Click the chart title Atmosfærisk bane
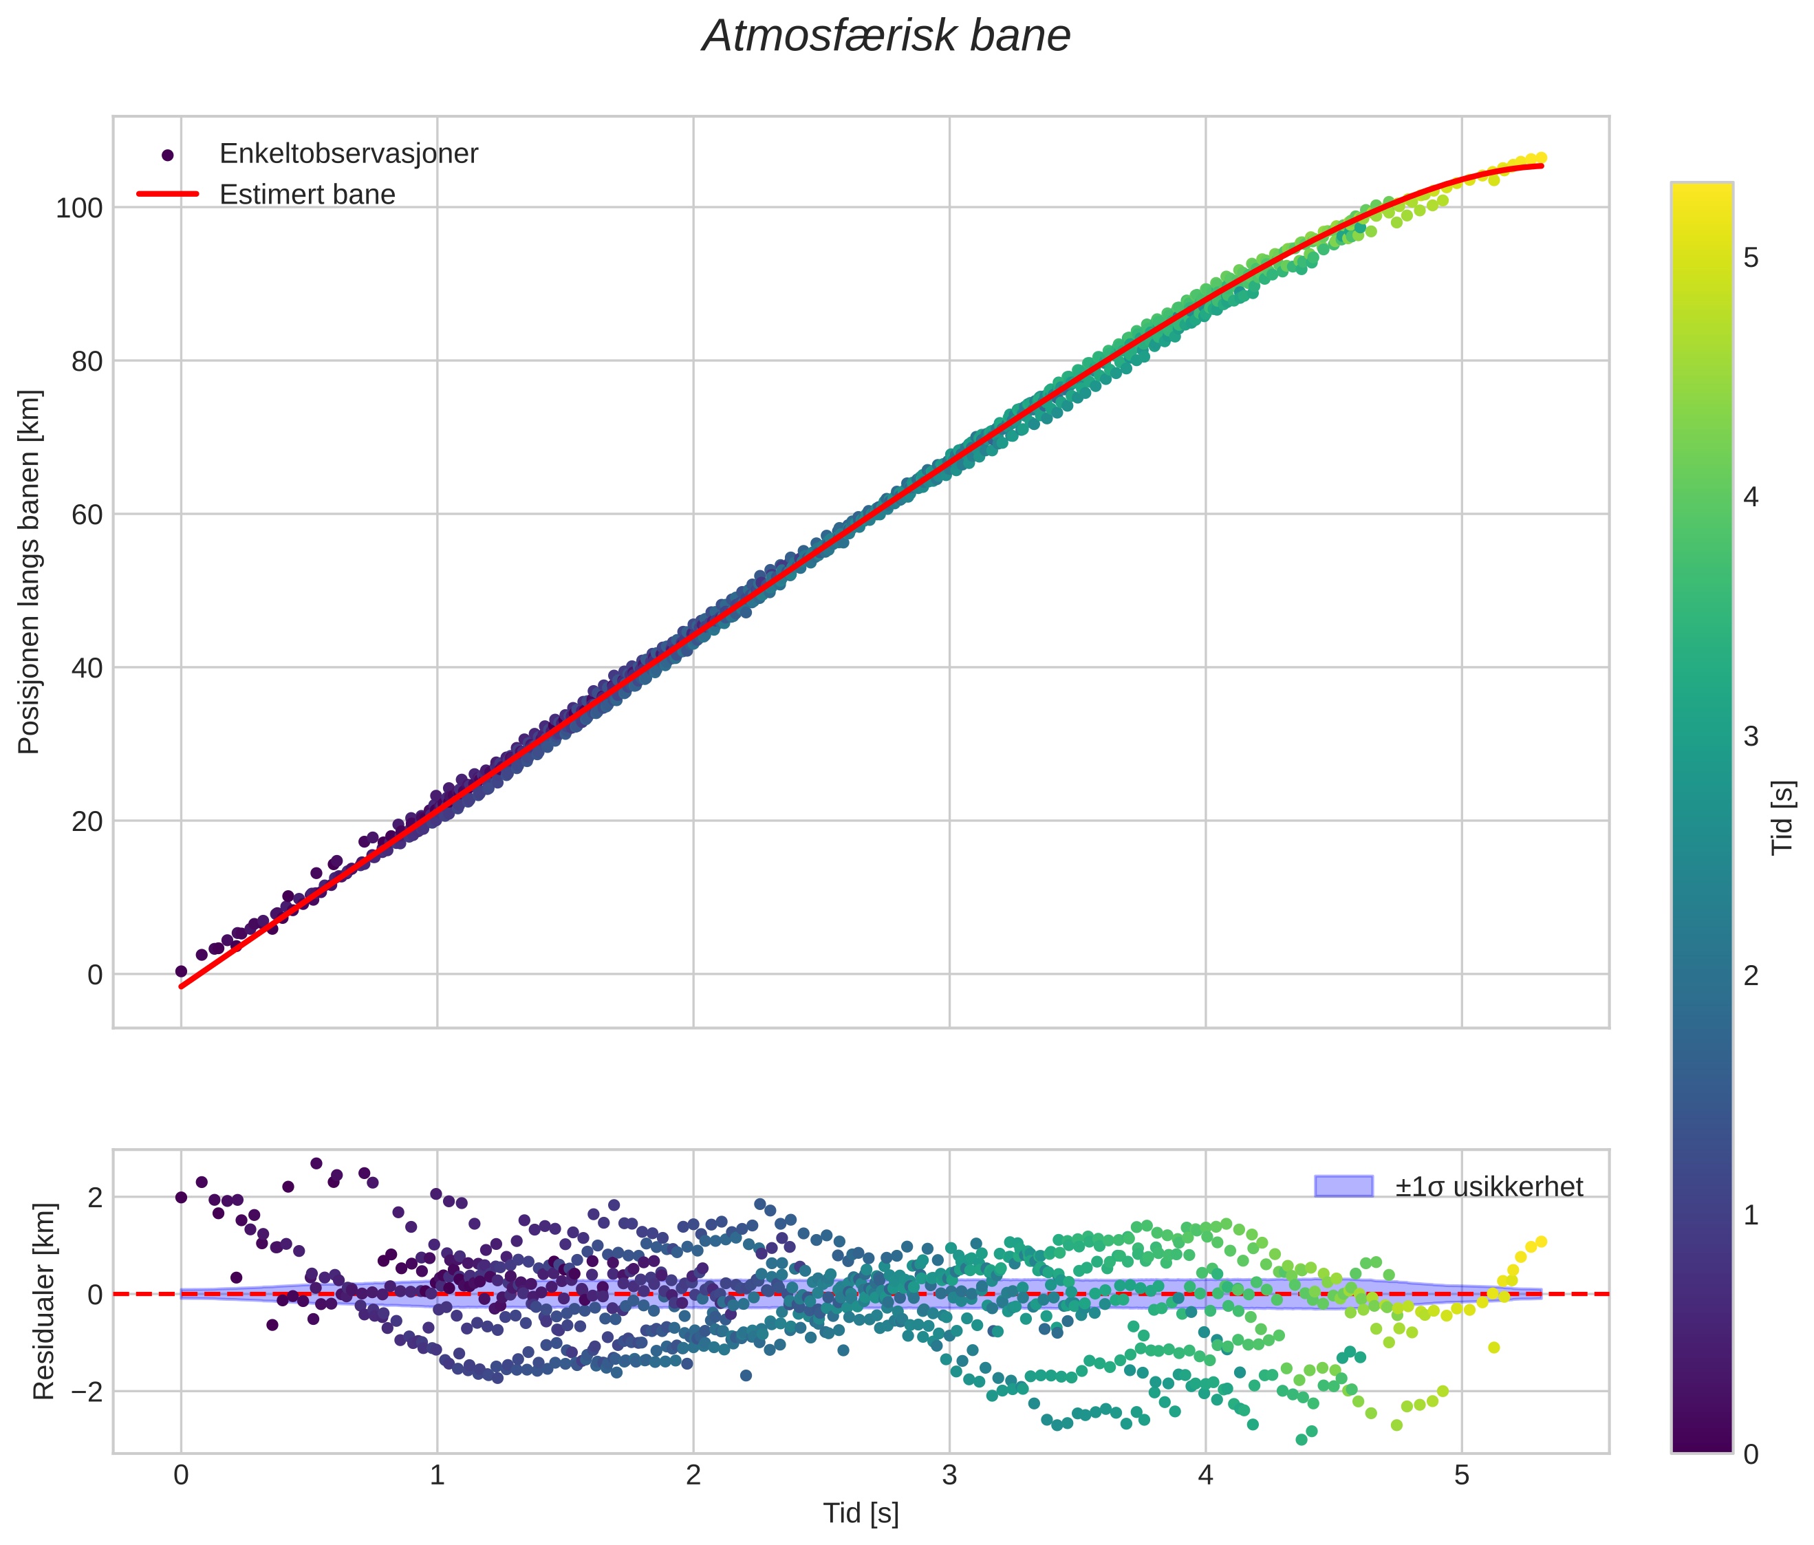pyautogui.click(x=886, y=36)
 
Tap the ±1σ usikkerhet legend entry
pyautogui.click(x=1489, y=1187)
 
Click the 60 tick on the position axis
pyautogui.click(x=86, y=515)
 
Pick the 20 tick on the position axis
pyautogui.click(x=86, y=821)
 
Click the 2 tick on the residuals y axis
pyautogui.click(x=94, y=1198)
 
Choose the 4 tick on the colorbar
pyautogui.click(x=1751, y=498)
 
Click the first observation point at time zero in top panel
pyautogui.click(x=181, y=971)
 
